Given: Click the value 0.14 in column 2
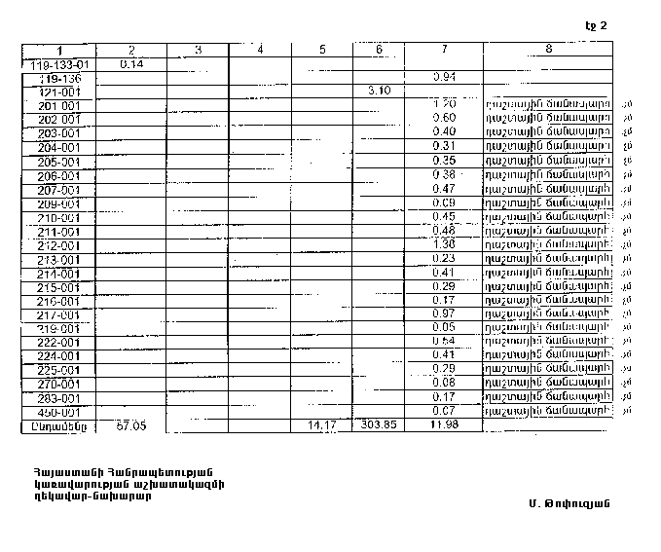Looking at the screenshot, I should coord(130,63).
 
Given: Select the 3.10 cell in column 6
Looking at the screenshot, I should coord(379,91).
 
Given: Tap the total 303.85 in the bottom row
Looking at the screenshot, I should coord(379,425).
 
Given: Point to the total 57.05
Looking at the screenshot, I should coord(130,425).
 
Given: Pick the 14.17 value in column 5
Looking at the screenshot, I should coord(321,425).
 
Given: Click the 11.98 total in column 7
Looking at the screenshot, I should coord(443,425).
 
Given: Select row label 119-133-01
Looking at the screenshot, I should coord(59,63).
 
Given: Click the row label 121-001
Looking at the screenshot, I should coord(59,92).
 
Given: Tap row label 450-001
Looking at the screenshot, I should coord(59,412).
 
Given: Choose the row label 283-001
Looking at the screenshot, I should coord(59,398).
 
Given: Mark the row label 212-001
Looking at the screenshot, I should coord(59,244).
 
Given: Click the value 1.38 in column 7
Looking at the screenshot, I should coord(443,243).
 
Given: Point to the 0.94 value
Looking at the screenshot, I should coord(443,76).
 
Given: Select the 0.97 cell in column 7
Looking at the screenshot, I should coord(443,313).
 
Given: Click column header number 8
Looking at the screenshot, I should coord(549,49).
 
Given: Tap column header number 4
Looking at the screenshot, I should coord(260,49).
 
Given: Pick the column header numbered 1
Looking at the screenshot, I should coord(59,50).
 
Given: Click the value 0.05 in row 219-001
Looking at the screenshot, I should coord(443,327).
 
